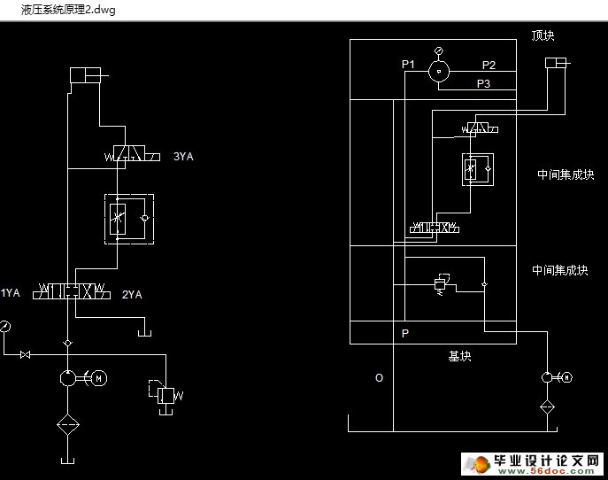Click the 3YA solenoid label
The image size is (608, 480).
point(183,157)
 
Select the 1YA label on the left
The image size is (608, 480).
point(10,293)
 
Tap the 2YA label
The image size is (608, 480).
point(132,294)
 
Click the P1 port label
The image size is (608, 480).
point(408,65)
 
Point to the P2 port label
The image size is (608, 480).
point(489,65)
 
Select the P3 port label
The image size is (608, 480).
point(484,84)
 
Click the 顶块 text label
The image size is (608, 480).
point(543,36)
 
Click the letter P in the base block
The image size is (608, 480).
point(405,334)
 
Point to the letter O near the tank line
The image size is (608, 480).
point(379,378)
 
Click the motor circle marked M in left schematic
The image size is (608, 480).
point(99,378)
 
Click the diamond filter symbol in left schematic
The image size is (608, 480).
point(67,423)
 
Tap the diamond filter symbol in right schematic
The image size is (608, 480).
point(547,407)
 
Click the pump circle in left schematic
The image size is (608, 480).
point(67,378)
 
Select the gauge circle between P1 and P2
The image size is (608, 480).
point(439,72)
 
